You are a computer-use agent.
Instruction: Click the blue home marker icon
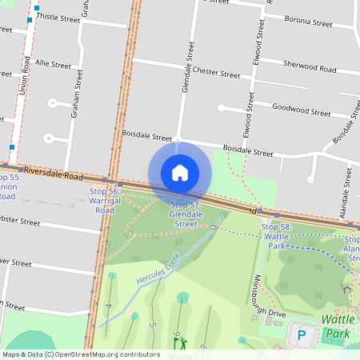180,173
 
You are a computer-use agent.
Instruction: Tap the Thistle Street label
54,16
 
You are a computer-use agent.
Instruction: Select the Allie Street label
53,62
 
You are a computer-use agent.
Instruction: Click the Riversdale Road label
53,173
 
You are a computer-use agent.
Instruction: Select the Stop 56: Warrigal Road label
105,201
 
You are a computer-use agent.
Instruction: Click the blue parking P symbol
302,335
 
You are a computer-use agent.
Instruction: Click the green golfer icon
180,343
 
